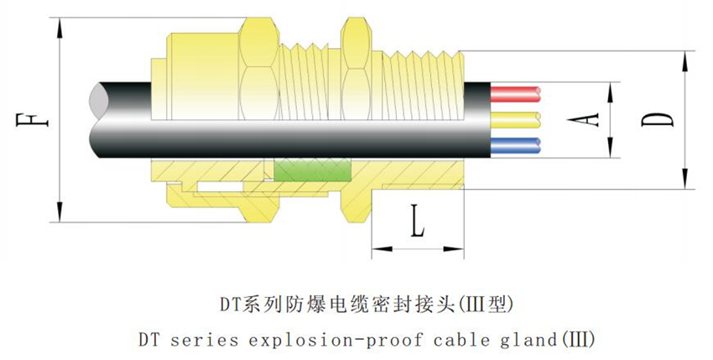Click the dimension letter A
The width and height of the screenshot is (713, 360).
tap(593, 120)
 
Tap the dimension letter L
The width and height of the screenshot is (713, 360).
tap(418, 225)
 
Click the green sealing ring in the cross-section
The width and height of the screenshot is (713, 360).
tap(312, 170)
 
